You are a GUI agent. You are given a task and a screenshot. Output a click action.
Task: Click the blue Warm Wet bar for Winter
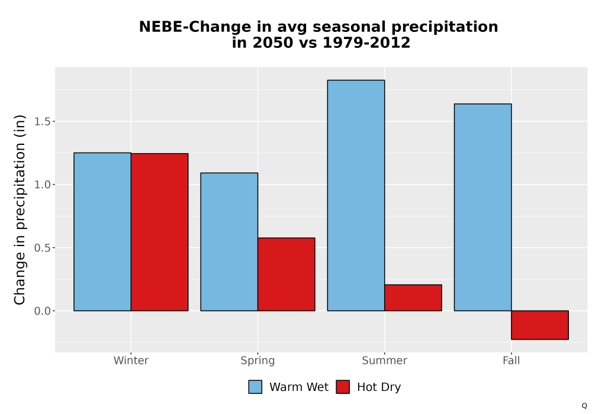click(102, 231)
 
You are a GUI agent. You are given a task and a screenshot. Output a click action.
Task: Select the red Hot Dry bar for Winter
click(159, 232)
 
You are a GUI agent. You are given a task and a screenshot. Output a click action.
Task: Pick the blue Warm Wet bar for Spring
click(229, 242)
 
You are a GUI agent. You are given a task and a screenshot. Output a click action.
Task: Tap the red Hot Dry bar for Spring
click(286, 274)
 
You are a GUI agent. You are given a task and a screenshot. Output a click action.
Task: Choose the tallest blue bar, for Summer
click(356, 195)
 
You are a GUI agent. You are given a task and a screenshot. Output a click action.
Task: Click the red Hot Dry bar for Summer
click(413, 297)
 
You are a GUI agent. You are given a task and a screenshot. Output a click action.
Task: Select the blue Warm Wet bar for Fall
click(483, 207)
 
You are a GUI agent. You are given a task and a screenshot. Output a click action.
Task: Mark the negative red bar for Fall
click(540, 325)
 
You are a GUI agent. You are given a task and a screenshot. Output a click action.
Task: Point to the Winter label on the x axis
click(131, 360)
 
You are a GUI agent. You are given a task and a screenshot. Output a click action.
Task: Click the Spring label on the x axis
click(258, 361)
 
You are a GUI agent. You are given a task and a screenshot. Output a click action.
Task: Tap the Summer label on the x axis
click(385, 360)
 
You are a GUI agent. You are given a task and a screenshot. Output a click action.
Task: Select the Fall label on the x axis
click(511, 360)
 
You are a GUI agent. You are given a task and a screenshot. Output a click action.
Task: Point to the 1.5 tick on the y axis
click(42, 121)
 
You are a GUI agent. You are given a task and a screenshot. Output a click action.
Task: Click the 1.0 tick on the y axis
click(42, 185)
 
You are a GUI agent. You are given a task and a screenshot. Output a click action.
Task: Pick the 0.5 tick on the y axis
click(42, 248)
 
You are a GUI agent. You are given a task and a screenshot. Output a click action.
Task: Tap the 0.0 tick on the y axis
click(42, 310)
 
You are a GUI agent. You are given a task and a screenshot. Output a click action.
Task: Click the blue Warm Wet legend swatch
click(255, 387)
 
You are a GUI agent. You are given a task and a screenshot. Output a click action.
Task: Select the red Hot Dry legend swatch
click(343, 387)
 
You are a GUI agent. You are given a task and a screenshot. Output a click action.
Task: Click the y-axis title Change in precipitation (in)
click(20, 209)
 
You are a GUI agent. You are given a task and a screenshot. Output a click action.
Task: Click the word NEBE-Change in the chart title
click(195, 27)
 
